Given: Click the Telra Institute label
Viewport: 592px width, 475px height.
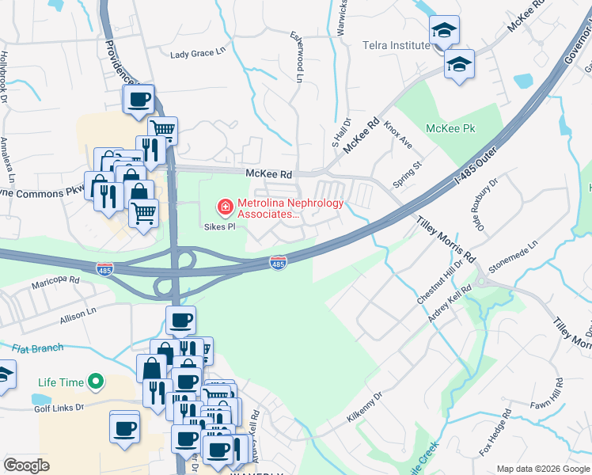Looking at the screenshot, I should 397,45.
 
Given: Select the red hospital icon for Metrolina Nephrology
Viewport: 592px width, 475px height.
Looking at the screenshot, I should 225,207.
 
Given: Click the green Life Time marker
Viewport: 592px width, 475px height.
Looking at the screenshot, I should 96,382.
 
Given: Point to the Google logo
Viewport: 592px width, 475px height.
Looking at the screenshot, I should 26,465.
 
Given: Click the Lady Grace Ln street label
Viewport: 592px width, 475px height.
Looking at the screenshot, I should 199,55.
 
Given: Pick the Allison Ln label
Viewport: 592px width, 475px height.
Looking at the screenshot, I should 78,317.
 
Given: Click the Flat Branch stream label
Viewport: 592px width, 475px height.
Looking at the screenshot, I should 39,348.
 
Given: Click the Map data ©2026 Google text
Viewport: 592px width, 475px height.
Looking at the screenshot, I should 542,468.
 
